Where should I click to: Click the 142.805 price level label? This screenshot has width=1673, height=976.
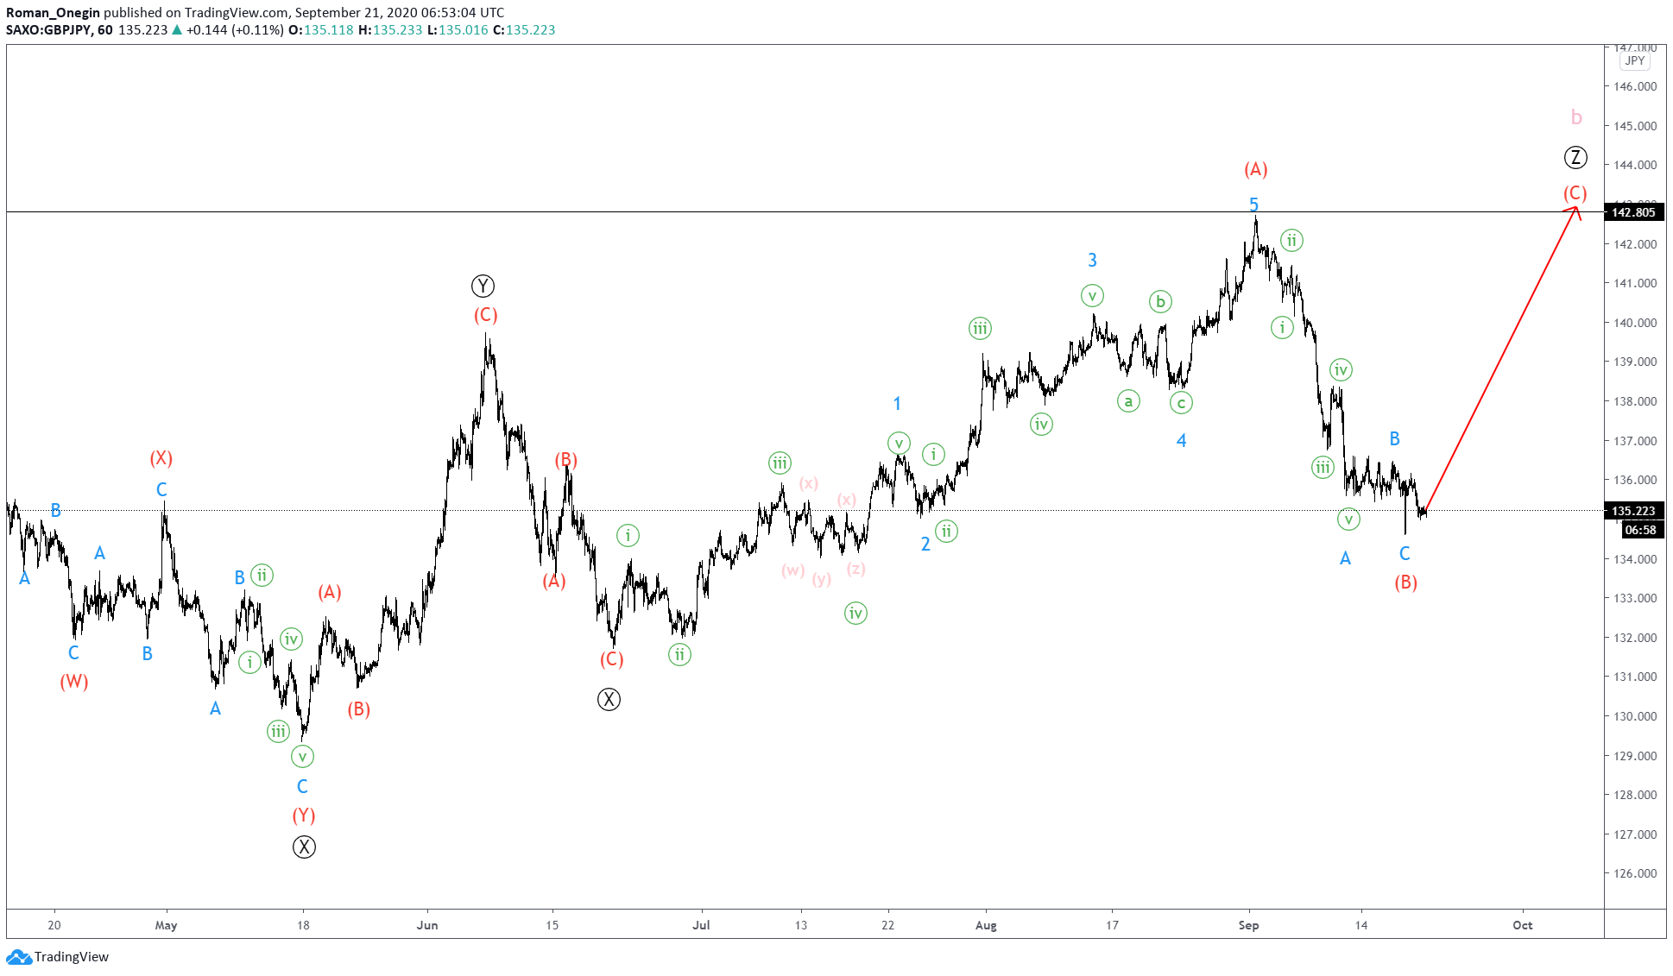[x=1633, y=212]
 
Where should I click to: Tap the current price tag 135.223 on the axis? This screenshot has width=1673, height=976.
[x=1633, y=511]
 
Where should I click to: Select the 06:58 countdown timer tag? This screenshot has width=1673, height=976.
[x=1639, y=530]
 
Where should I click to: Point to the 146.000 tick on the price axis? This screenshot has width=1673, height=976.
[x=1635, y=86]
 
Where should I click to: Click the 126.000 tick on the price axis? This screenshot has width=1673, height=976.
[x=1635, y=873]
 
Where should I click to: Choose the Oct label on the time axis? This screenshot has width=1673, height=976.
[x=1522, y=925]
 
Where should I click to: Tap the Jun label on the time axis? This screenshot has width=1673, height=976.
[x=427, y=925]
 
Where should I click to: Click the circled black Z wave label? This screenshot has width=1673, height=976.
[x=1575, y=158]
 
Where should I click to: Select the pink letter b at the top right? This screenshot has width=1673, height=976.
[x=1576, y=117]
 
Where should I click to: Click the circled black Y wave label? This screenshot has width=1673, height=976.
[x=483, y=286]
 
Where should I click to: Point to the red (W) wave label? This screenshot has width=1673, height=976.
[x=74, y=682]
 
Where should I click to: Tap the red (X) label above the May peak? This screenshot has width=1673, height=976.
[x=161, y=458]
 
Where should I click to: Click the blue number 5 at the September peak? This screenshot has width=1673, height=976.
[x=1253, y=205]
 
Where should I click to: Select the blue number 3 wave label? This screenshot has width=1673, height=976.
[x=1092, y=260]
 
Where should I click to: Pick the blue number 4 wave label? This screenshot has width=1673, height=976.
[x=1181, y=441]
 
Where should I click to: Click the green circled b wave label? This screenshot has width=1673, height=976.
[x=1160, y=301]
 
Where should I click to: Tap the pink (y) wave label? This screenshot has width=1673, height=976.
[x=822, y=579]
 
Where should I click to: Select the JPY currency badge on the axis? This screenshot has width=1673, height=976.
[x=1634, y=60]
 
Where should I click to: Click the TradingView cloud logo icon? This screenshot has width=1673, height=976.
[x=19, y=956]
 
